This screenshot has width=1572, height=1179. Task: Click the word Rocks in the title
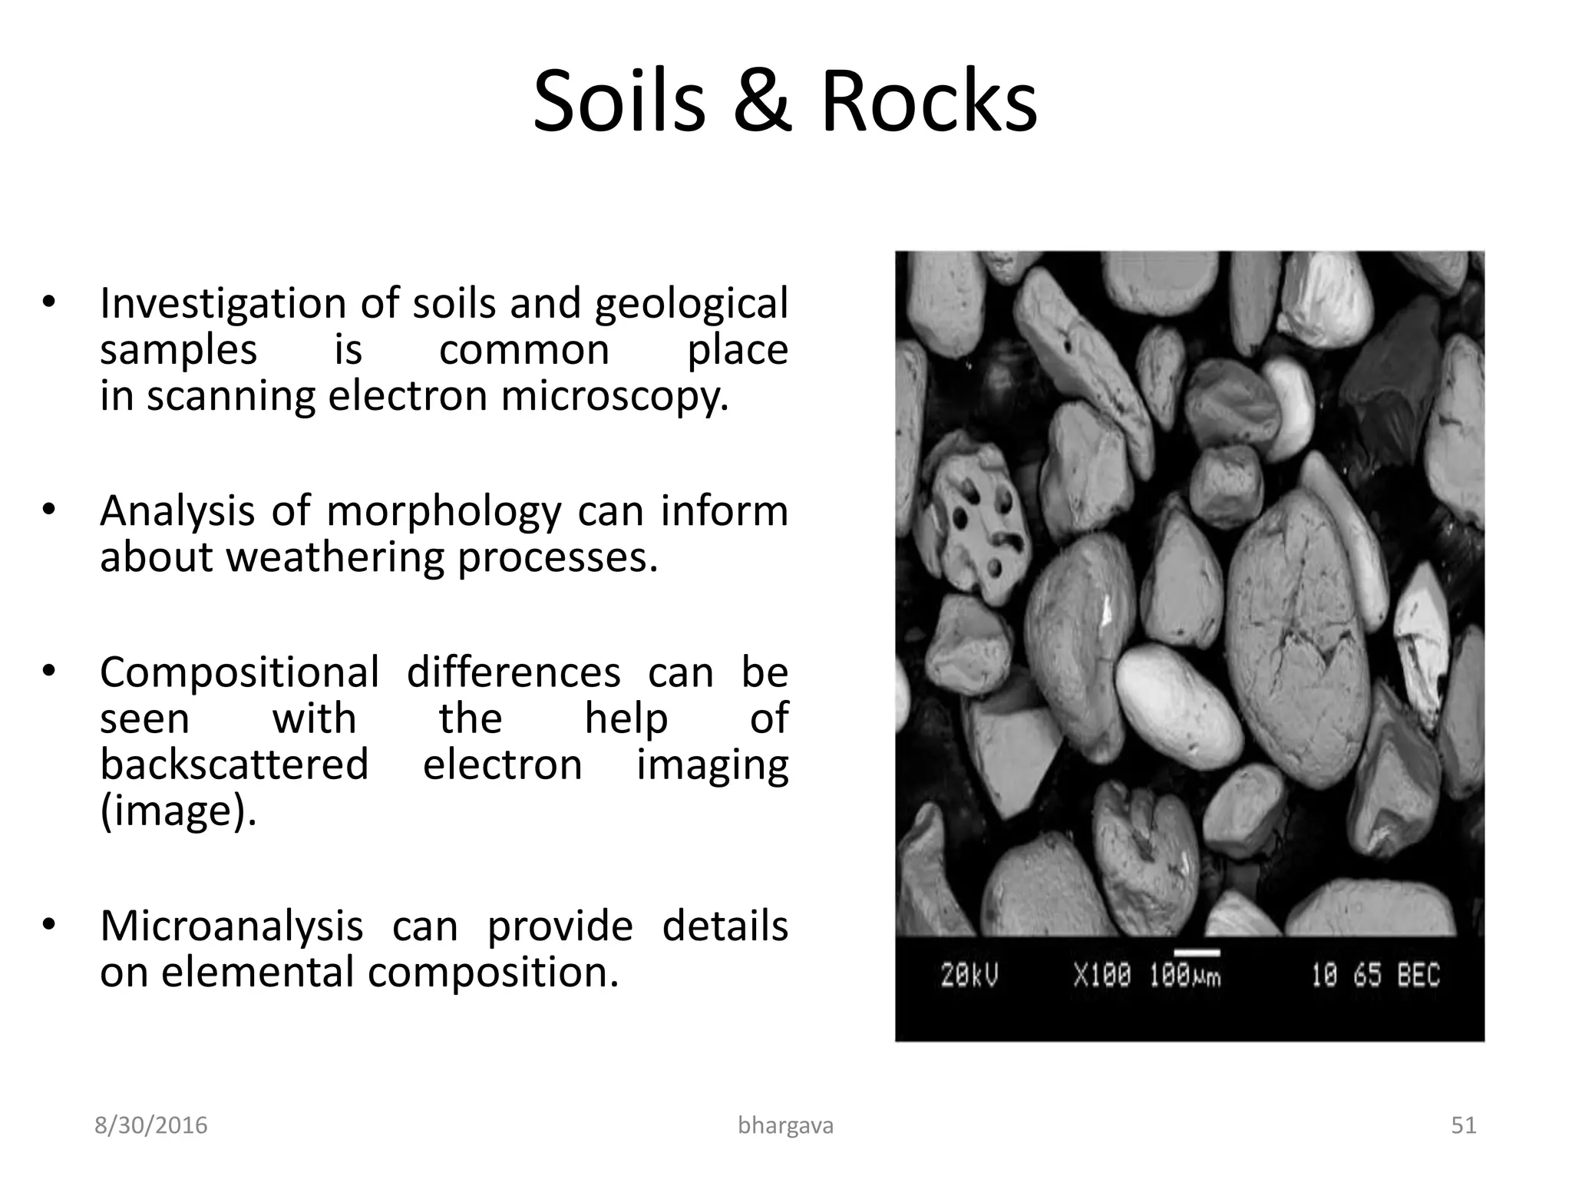coord(929,102)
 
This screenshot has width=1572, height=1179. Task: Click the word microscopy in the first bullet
coord(614,397)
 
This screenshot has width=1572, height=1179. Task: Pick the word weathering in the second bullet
coord(335,558)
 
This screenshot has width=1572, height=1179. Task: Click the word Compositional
coord(239,673)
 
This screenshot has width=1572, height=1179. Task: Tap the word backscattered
coord(234,765)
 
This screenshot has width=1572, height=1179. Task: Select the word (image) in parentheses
coord(178,811)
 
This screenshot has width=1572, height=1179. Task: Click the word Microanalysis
coord(231,926)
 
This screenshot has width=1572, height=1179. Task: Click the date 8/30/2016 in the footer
coord(150,1125)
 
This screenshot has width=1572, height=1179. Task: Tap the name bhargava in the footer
coord(785,1125)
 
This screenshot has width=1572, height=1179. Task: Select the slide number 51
coord(1464,1125)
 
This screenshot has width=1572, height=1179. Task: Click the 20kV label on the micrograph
coord(969,976)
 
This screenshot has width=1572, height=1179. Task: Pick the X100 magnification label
coord(1102,976)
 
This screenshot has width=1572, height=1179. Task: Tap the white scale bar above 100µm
coord(1197,953)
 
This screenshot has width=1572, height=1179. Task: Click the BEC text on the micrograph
coord(1418,976)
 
